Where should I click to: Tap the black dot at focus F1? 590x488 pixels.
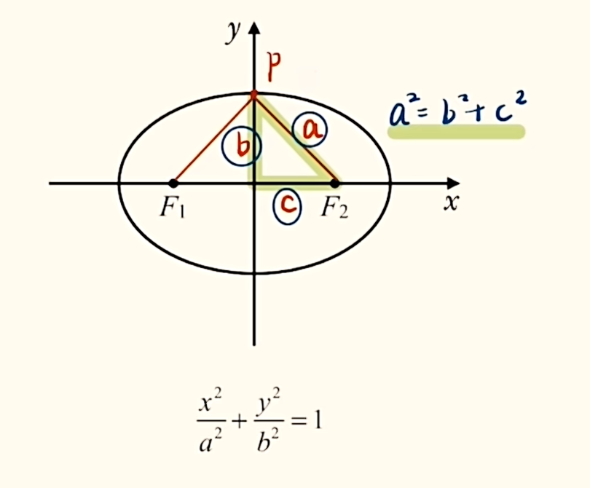[173, 184]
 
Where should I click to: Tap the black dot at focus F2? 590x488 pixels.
[335, 184]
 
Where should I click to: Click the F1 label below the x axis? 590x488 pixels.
[173, 208]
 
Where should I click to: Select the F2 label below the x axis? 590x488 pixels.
[335, 208]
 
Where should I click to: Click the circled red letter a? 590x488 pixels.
[310, 130]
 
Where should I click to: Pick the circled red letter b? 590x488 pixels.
[242, 146]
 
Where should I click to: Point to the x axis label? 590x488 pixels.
[452, 202]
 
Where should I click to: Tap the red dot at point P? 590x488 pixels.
[254, 94]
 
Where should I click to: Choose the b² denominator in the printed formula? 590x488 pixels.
[269, 440]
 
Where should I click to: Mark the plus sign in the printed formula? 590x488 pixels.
[239, 422]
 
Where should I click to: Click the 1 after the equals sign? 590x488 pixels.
[318, 421]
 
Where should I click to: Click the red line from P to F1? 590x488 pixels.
[213, 139]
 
